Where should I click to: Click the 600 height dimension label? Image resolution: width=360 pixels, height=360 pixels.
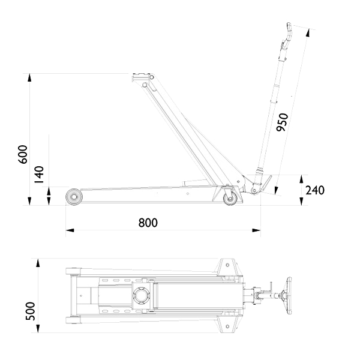pos(23,154)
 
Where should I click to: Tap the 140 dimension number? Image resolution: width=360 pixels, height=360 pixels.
pos(39,175)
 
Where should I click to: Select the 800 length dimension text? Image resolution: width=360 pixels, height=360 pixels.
pos(148,223)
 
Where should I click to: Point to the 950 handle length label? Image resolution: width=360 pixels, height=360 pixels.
pos(282,122)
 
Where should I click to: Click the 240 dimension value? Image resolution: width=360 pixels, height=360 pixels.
pos(315,190)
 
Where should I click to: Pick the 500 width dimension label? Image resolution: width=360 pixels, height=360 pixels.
pos(30,311)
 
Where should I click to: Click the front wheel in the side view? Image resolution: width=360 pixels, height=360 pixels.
pos(74,197)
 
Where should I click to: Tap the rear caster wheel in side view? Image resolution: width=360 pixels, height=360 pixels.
pos(230,199)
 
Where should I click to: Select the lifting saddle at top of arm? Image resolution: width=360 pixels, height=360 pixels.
pos(141,76)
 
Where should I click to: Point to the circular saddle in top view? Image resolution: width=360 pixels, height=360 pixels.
pos(140,295)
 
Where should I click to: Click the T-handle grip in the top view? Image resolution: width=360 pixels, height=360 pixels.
pos(289,295)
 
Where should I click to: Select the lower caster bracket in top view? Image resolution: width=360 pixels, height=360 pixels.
pos(228,325)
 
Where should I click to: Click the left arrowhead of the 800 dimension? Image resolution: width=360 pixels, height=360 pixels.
pos(70,230)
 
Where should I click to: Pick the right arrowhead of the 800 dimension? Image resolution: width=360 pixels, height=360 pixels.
pos(256,230)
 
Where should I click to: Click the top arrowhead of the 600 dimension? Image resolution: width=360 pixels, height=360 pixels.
pos(29,77)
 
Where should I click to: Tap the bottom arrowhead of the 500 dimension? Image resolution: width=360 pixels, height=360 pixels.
pos(38,329)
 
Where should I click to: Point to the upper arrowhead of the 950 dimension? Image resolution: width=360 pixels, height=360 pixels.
pos(308,33)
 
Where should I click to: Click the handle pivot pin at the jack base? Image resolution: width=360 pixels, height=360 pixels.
pos(254,190)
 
